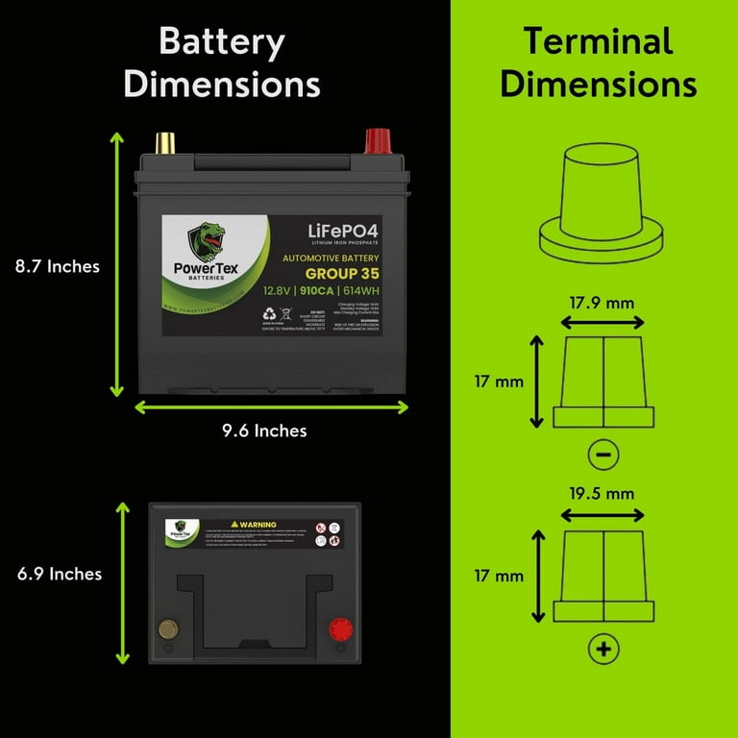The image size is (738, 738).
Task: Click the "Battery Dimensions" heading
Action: click(x=222, y=62)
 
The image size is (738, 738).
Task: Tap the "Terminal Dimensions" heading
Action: click(x=598, y=62)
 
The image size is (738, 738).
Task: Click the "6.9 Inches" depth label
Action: click(x=60, y=574)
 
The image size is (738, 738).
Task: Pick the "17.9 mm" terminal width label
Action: click(x=603, y=303)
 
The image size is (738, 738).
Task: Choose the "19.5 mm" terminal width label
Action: click(x=603, y=494)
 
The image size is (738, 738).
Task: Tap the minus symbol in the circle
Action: click(x=603, y=453)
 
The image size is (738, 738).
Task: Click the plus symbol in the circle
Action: click(x=603, y=651)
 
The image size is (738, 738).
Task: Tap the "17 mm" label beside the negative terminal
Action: click(x=498, y=381)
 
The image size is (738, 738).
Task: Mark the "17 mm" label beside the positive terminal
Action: click(x=498, y=576)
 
